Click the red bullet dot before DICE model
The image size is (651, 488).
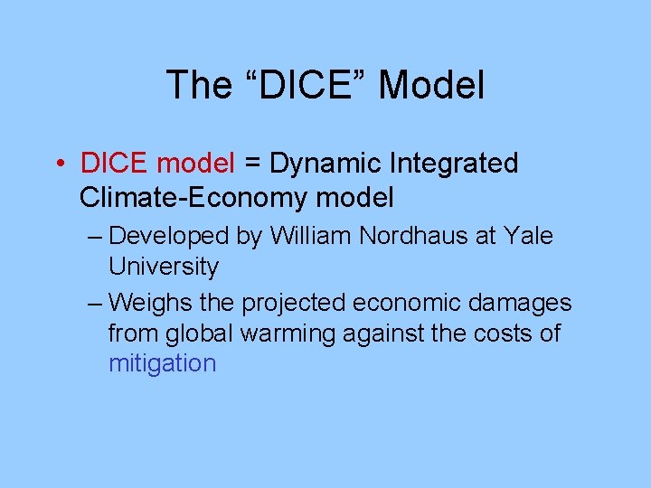[x=57, y=164]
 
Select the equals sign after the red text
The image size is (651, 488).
[x=252, y=164]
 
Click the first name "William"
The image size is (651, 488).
[x=311, y=237]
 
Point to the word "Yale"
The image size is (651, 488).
[x=530, y=237]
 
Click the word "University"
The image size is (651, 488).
[x=164, y=267]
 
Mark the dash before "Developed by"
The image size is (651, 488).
[x=96, y=237]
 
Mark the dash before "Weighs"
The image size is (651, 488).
[x=96, y=302]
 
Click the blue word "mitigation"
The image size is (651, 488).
[x=163, y=364]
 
